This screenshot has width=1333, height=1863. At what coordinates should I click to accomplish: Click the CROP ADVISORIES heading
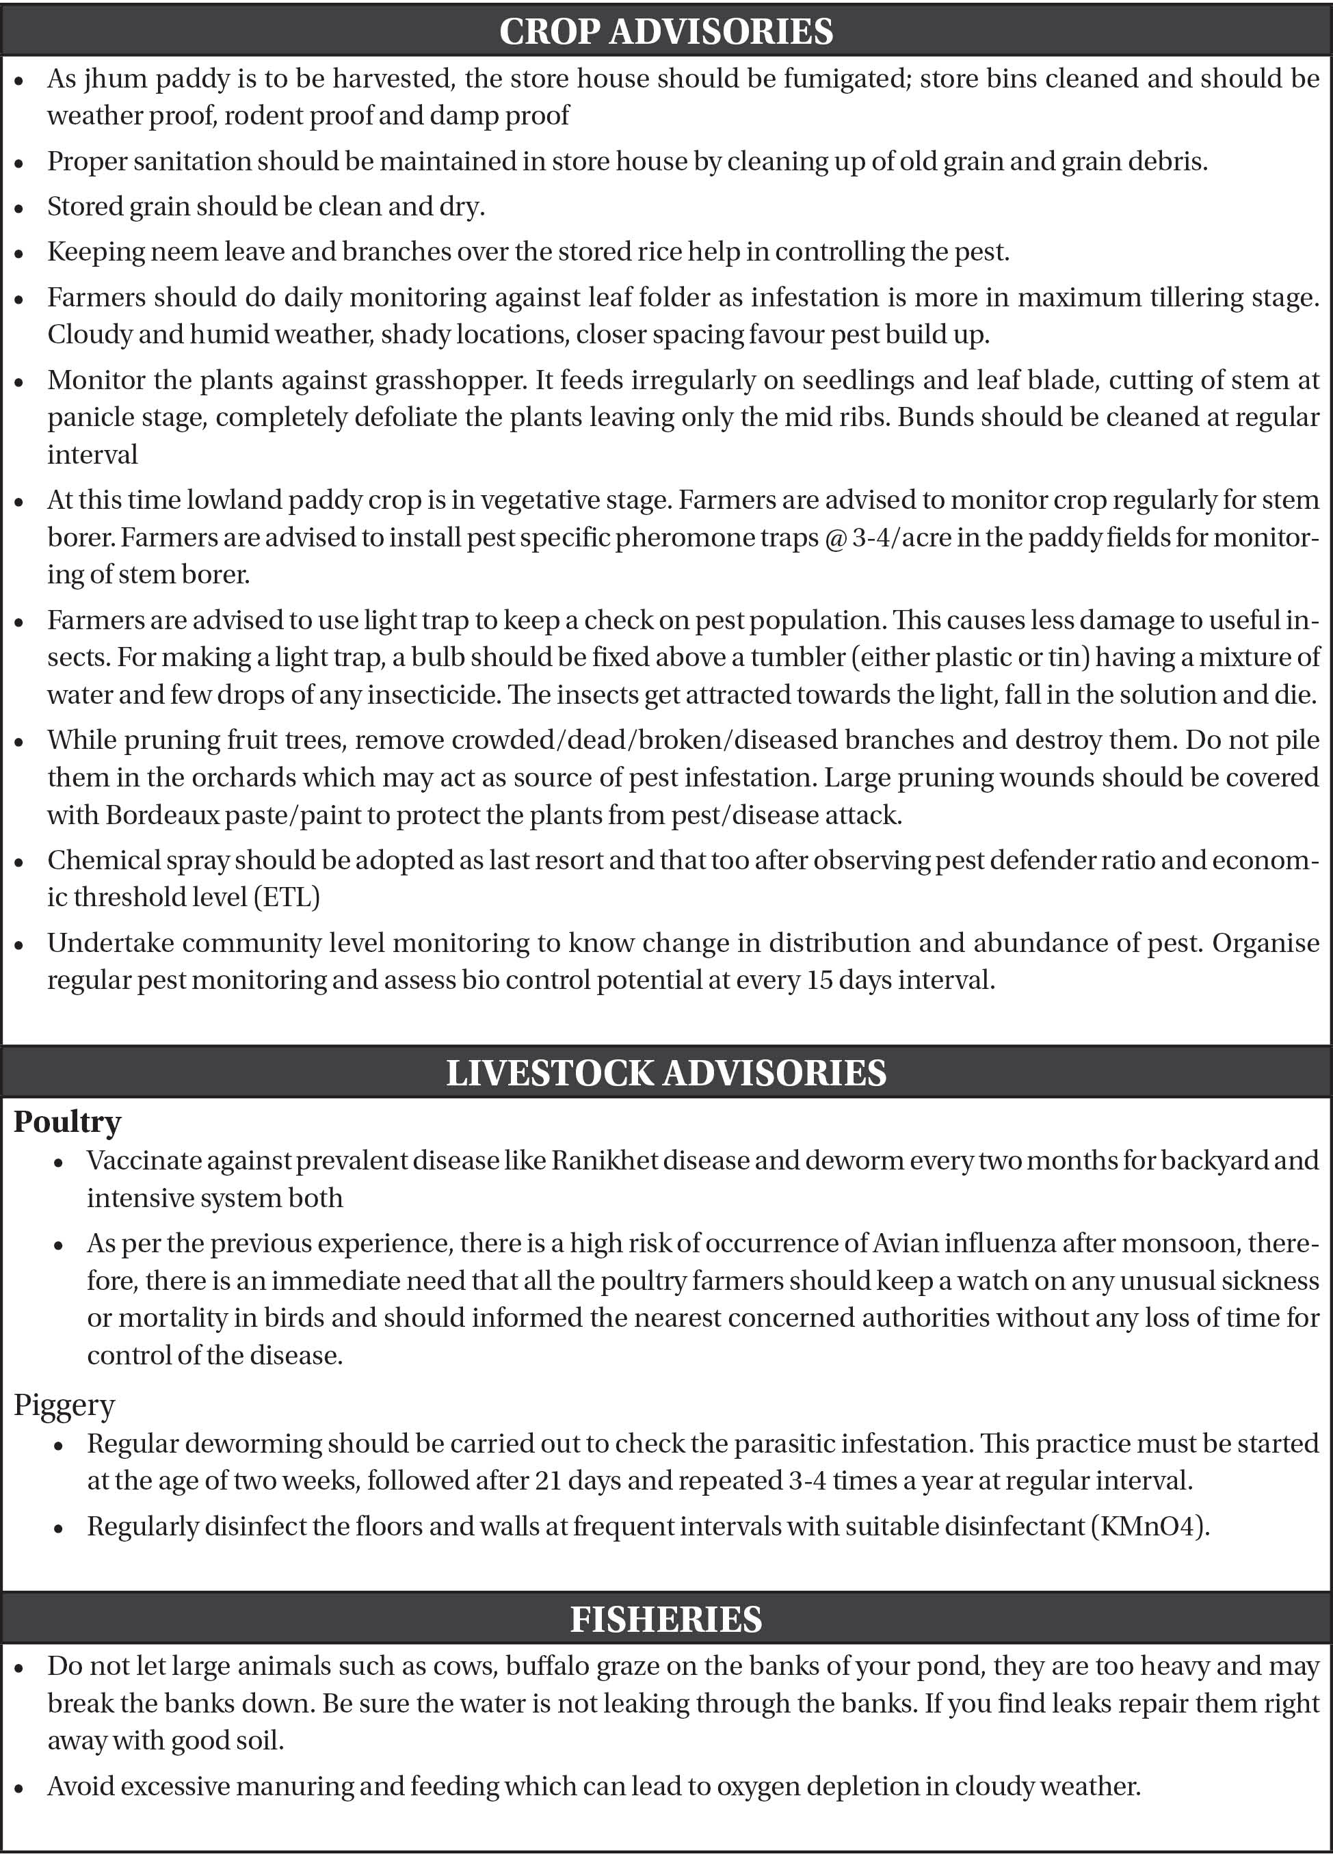click(665, 32)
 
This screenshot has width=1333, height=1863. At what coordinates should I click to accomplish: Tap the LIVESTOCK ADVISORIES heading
click(665, 1072)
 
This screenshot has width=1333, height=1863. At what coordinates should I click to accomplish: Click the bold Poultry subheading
click(67, 1121)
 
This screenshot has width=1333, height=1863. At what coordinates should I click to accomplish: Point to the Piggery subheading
click(64, 1404)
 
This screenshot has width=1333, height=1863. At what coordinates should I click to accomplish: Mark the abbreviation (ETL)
click(287, 897)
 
